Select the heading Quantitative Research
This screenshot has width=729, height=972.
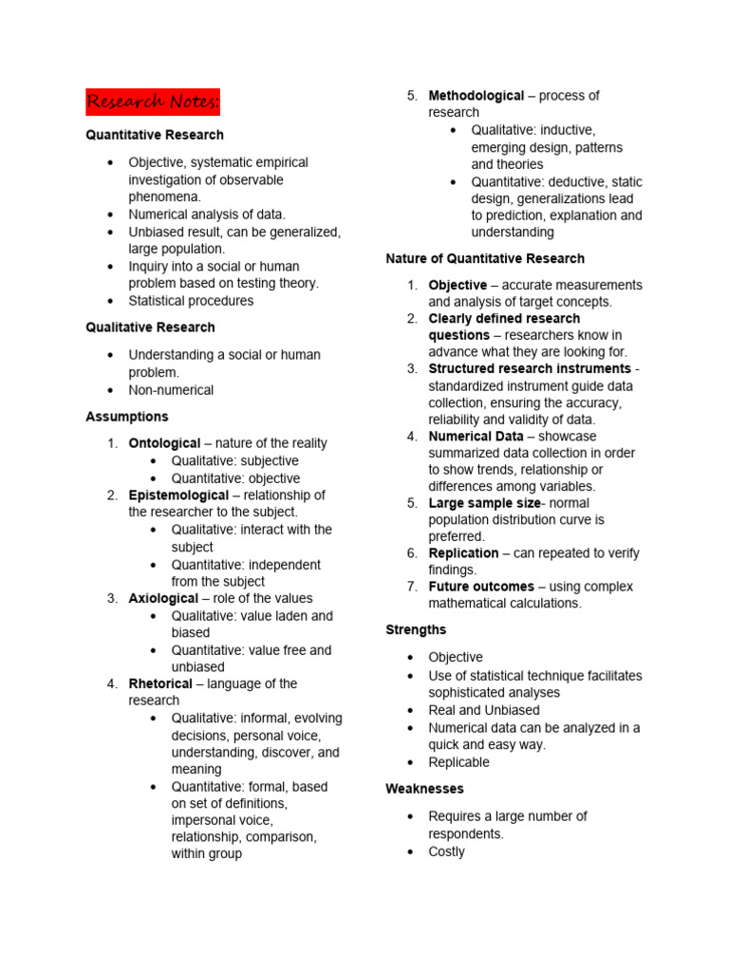[x=155, y=135]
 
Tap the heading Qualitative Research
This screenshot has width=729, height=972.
[x=150, y=327]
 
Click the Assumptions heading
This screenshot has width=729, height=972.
[x=127, y=417]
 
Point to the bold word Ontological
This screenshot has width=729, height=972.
[x=164, y=443]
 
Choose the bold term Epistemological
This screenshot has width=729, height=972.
[x=178, y=495]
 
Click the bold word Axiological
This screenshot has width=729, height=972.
[x=163, y=599]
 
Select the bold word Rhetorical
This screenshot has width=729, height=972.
[x=160, y=683]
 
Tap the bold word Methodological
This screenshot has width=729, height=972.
[x=476, y=96]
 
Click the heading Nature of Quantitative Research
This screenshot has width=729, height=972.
[x=485, y=258]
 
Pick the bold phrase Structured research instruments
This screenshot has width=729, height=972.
[x=529, y=368]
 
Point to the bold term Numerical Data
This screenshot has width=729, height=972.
[x=476, y=437]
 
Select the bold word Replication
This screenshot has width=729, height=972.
[x=463, y=553]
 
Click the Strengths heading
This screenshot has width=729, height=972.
[x=416, y=629]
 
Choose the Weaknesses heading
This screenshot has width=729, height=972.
[x=424, y=789]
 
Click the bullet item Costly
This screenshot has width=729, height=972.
[x=446, y=851]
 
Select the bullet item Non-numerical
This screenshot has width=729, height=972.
[x=171, y=390]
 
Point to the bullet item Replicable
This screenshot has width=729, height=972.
[x=458, y=762]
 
